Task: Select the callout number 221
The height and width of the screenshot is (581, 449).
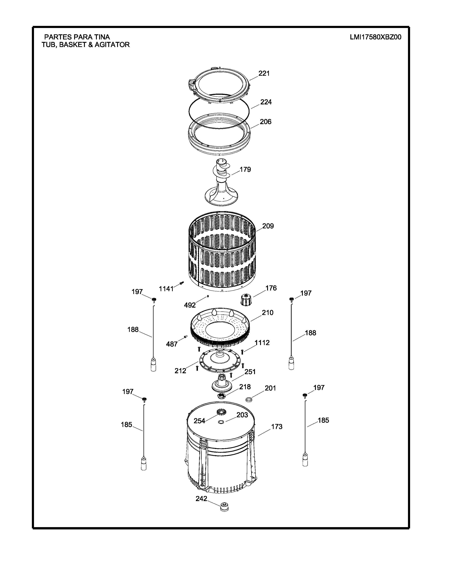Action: click(264, 73)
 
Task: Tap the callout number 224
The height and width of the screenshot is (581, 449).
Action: click(266, 102)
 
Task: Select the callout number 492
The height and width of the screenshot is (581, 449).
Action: click(190, 305)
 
